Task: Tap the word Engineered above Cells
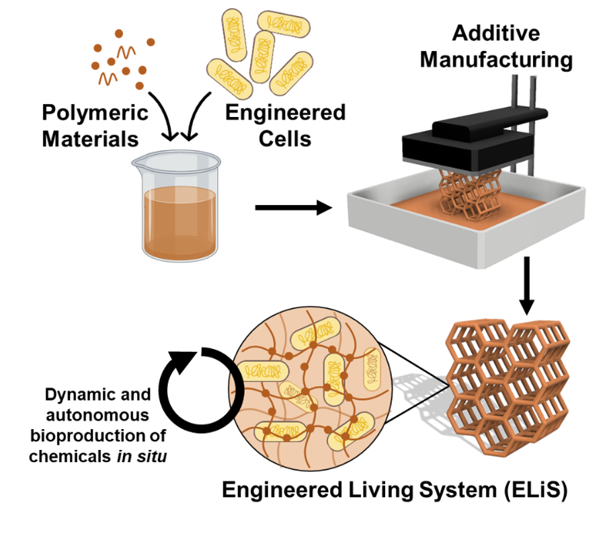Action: click(x=285, y=112)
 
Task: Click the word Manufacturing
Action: click(x=495, y=59)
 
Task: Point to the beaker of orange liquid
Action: click(x=180, y=214)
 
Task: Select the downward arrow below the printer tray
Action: click(x=527, y=285)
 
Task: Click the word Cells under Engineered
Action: click(x=285, y=138)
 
